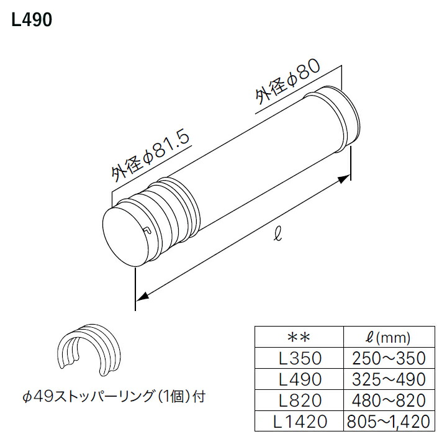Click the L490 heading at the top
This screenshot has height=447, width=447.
[x=32, y=20]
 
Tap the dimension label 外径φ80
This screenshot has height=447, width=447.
[x=288, y=83]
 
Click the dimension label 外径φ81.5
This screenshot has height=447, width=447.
[x=151, y=157]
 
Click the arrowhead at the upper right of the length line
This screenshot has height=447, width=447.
[x=345, y=179]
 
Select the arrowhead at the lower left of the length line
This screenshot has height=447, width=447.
[x=142, y=297]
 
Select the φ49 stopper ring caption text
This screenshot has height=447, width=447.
[x=114, y=397]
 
